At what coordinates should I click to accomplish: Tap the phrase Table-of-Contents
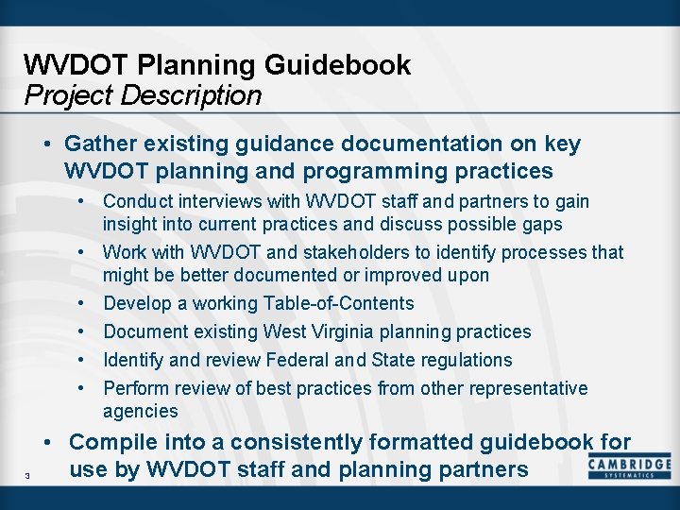(337, 303)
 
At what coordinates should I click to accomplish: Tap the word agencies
(140, 411)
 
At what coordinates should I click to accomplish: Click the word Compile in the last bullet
(110, 442)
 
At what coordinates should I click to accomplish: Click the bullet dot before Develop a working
(84, 303)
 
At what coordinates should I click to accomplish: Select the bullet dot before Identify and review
(84, 360)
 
